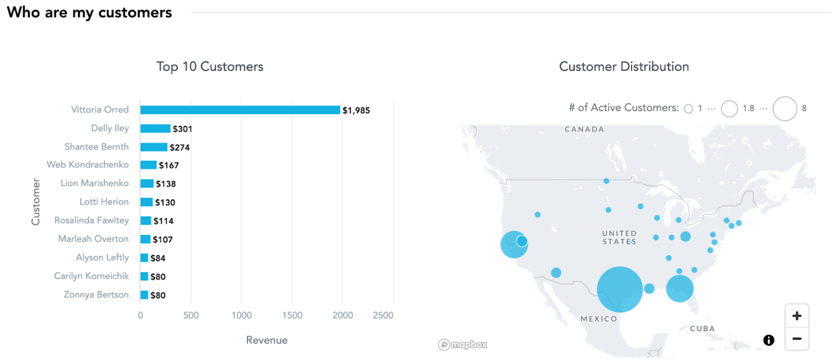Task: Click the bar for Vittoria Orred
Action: [x=240, y=110]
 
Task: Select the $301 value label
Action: [x=182, y=129]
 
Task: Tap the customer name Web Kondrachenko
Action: [x=88, y=165]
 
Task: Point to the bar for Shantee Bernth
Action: [x=153, y=147]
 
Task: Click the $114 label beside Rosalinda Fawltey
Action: [x=163, y=221]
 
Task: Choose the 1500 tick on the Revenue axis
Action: [x=292, y=315]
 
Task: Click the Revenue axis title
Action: [x=267, y=340]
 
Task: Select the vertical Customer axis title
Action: [x=36, y=202]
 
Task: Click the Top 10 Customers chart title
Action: [x=210, y=67]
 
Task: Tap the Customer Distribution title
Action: [x=624, y=67]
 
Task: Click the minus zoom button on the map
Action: [x=797, y=338]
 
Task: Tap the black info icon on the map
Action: [x=769, y=340]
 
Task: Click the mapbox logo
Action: [x=463, y=345]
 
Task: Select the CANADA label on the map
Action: [x=584, y=129]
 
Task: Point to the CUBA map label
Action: [x=702, y=329]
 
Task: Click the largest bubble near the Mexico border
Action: [x=619, y=289]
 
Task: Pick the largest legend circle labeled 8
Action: [x=785, y=108]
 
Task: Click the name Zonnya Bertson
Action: [x=96, y=295]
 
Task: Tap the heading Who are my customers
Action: [x=89, y=12]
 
